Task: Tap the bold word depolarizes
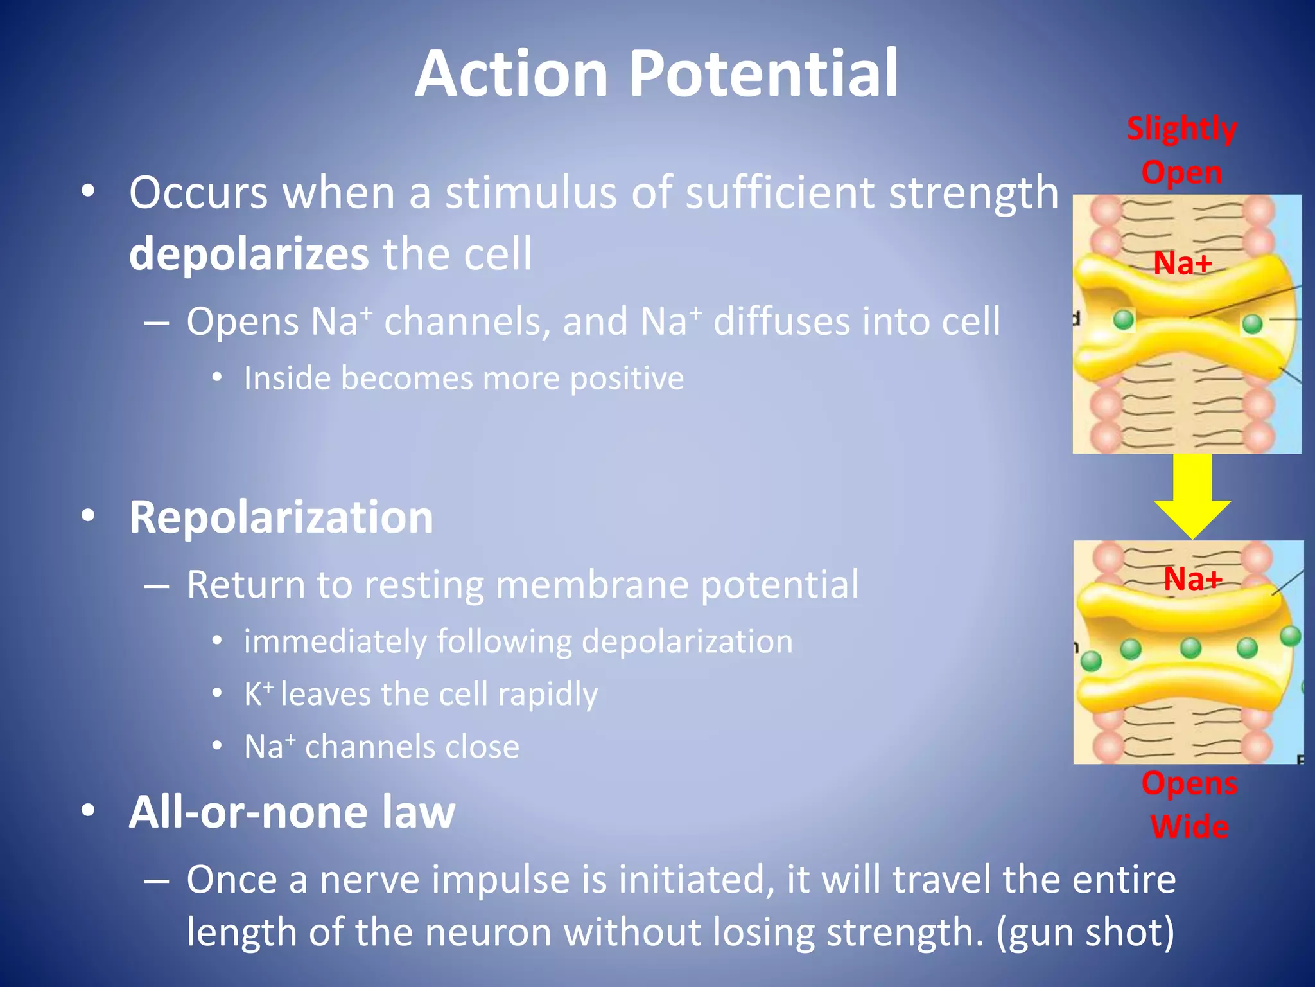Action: (x=248, y=254)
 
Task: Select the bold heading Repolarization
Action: (x=281, y=517)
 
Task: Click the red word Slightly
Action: (x=1181, y=129)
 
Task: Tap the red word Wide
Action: (x=1190, y=826)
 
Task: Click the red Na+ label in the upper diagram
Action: (x=1183, y=263)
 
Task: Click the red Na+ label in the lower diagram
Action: (x=1193, y=579)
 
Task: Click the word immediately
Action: (x=335, y=642)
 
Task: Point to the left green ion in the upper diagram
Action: (x=1124, y=319)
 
